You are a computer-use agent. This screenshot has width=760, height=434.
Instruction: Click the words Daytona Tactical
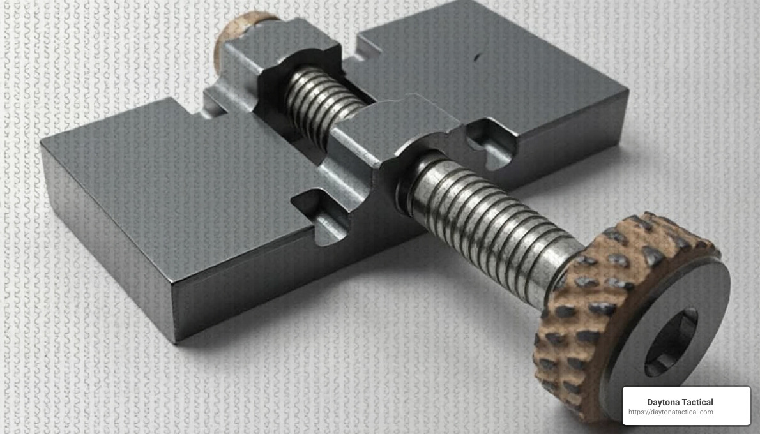point(680,402)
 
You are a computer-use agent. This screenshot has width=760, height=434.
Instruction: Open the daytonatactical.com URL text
point(671,412)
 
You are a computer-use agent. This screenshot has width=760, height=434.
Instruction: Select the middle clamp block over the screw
point(396,128)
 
